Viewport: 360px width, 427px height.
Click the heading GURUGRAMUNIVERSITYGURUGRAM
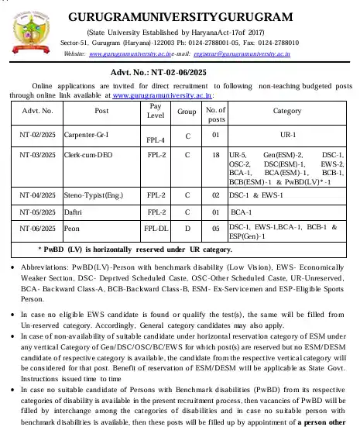203,16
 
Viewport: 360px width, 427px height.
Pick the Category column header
287,111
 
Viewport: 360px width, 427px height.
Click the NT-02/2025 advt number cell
37,133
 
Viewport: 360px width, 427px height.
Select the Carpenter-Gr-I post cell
87,133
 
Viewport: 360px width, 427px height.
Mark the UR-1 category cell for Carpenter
287,133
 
